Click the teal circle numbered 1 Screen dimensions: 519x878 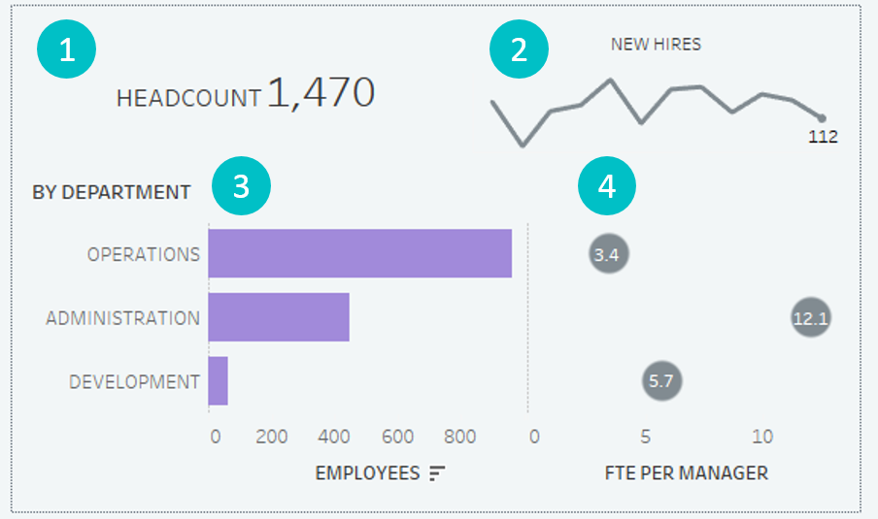pyautogui.click(x=66, y=50)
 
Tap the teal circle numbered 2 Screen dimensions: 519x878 pyautogui.click(x=520, y=50)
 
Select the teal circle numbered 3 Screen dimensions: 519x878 pyautogui.click(x=242, y=187)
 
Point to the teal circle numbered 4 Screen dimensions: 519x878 pyautogui.click(x=607, y=187)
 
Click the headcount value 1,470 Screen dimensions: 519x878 pyautogui.click(x=321, y=92)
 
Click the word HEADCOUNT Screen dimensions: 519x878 pyautogui.click(x=188, y=97)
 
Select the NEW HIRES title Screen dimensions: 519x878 pyautogui.click(x=656, y=44)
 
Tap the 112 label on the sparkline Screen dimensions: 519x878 pyautogui.click(x=823, y=137)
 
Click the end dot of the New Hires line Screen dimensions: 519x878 pyautogui.click(x=822, y=118)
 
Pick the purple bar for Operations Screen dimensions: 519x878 pyautogui.click(x=359, y=253)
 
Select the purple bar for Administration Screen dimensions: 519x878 pyautogui.click(x=279, y=317)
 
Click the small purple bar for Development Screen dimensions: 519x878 pyautogui.click(x=218, y=381)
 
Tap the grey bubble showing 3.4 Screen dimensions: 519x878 pyautogui.click(x=608, y=255)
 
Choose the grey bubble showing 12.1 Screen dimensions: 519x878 pyautogui.click(x=810, y=318)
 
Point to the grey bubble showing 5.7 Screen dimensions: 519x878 pyautogui.click(x=661, y=381)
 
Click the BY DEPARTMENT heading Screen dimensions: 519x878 pyautogui.click(x=112, y=192)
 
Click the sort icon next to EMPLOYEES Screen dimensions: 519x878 pyautogui.click(x=437, y=472)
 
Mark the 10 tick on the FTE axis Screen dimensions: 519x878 pyautogui.click(x=762, y=437)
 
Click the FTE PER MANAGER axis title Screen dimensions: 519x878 pyautogui.click(x=686, y=473)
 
